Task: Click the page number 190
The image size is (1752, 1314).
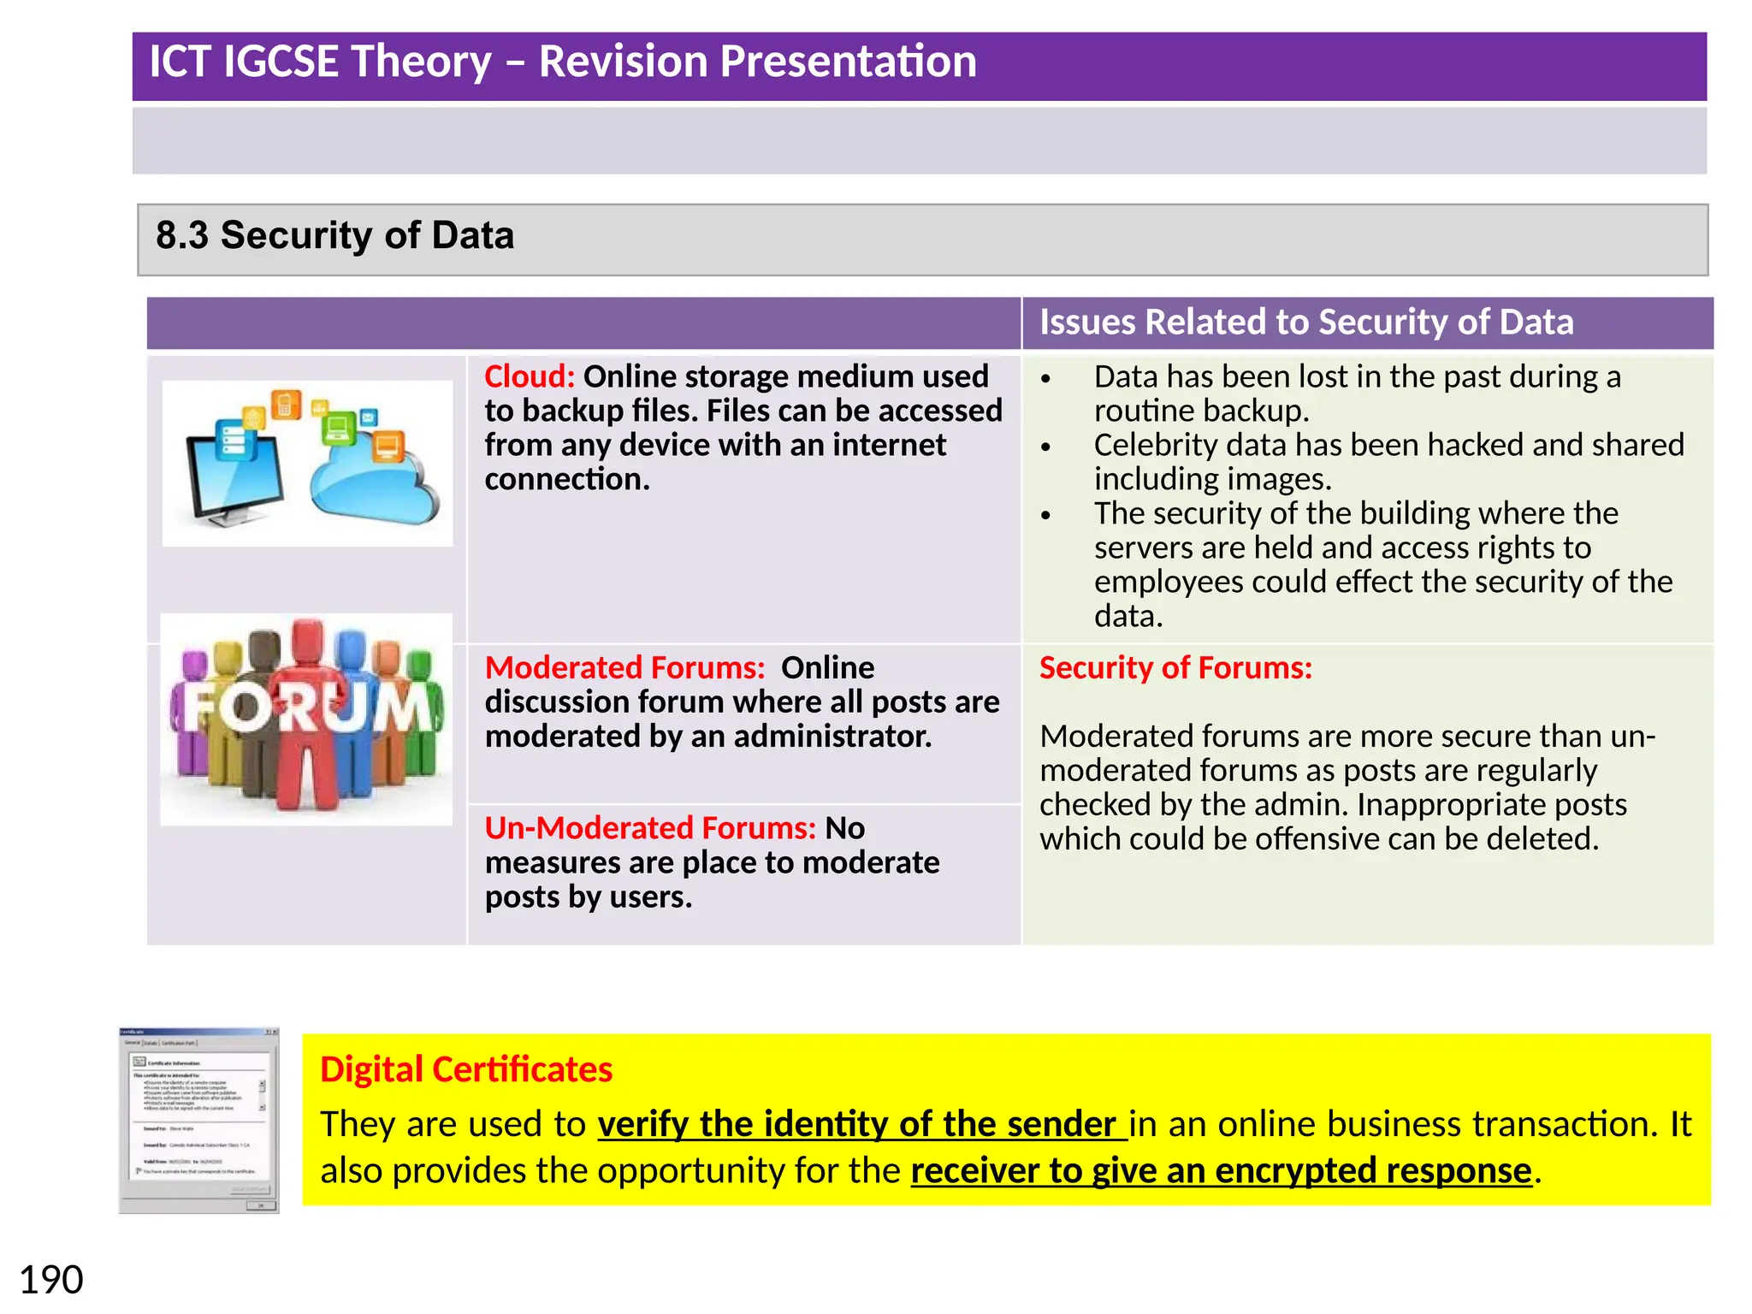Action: [x=50, y=1280]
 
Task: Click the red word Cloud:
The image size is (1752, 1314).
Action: [x=529, y=376]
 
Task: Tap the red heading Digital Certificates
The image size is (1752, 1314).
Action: [x=466, y=1069]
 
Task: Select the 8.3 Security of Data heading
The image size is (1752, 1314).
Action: [x=334, y=235]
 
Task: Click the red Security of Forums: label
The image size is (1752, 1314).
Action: [x=1175, y=667]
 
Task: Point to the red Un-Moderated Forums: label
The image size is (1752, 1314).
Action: [x=650, y=828]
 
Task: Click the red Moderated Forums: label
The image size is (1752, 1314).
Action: [x=624, y=667]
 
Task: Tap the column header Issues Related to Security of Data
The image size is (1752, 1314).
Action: [x=1306, y=323]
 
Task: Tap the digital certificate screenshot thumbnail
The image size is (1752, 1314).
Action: [x=198, y=1121]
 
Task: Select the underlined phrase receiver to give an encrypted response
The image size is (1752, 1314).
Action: [x=1221, y=1171]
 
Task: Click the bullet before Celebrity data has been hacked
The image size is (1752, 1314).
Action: [x=1045, y=447]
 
